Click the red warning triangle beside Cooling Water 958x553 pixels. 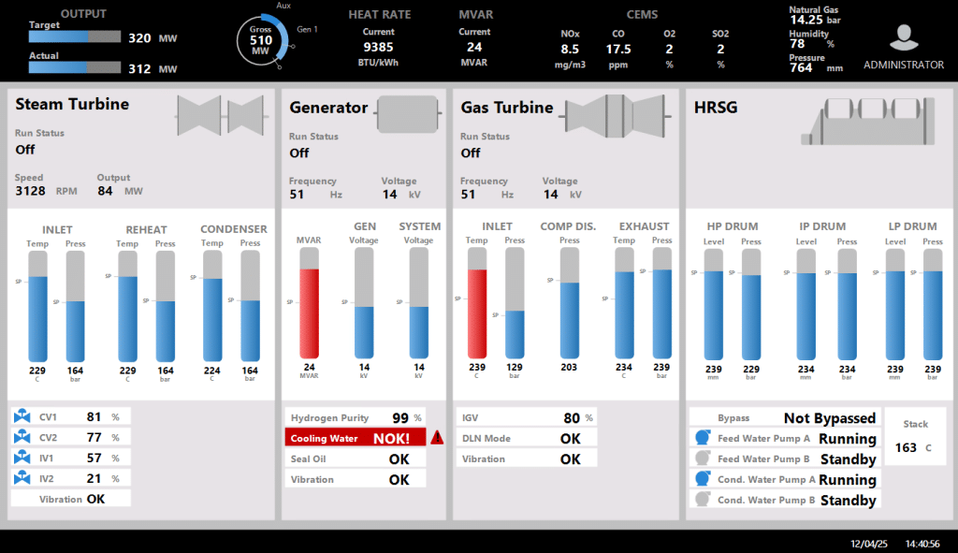pos(437,437)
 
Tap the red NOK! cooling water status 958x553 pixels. pos(391,438)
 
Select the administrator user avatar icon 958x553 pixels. pos(903,38)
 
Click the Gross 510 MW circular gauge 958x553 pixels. pos(262,40)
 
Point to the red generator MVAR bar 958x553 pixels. pos(309,313)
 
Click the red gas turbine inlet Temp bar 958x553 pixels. pos(477,313)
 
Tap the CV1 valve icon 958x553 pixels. pos(23,416)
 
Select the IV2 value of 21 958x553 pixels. pos(94,478)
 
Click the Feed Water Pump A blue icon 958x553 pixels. pos(702,439)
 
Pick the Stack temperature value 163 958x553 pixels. pos(906,447)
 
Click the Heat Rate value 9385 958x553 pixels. pos(378,47)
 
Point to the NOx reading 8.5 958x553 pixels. pos(570,49)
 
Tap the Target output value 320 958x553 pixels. pos(139,38)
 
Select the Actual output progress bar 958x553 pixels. pos(75,68)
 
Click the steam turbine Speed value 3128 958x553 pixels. pos(31,191)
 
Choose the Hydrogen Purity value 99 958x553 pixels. pos(400,417)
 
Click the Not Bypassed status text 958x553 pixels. pos(830,418)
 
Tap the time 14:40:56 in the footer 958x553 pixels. pos(922,543)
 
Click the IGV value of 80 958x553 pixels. pos(572,417)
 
